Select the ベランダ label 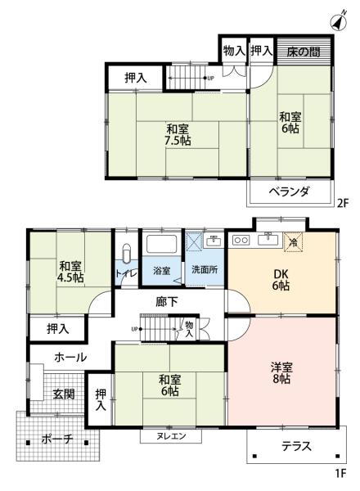click(x=290, y=192)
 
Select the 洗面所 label click(x=205, y=270)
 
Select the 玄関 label click(x=64, y=394)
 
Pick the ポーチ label click(x=57, y=439)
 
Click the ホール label click(x=70, y=357)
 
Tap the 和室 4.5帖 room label click(x=70, y=272)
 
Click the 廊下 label click(x=167, y=301)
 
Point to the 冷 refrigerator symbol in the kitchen click(x=292, y=241)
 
